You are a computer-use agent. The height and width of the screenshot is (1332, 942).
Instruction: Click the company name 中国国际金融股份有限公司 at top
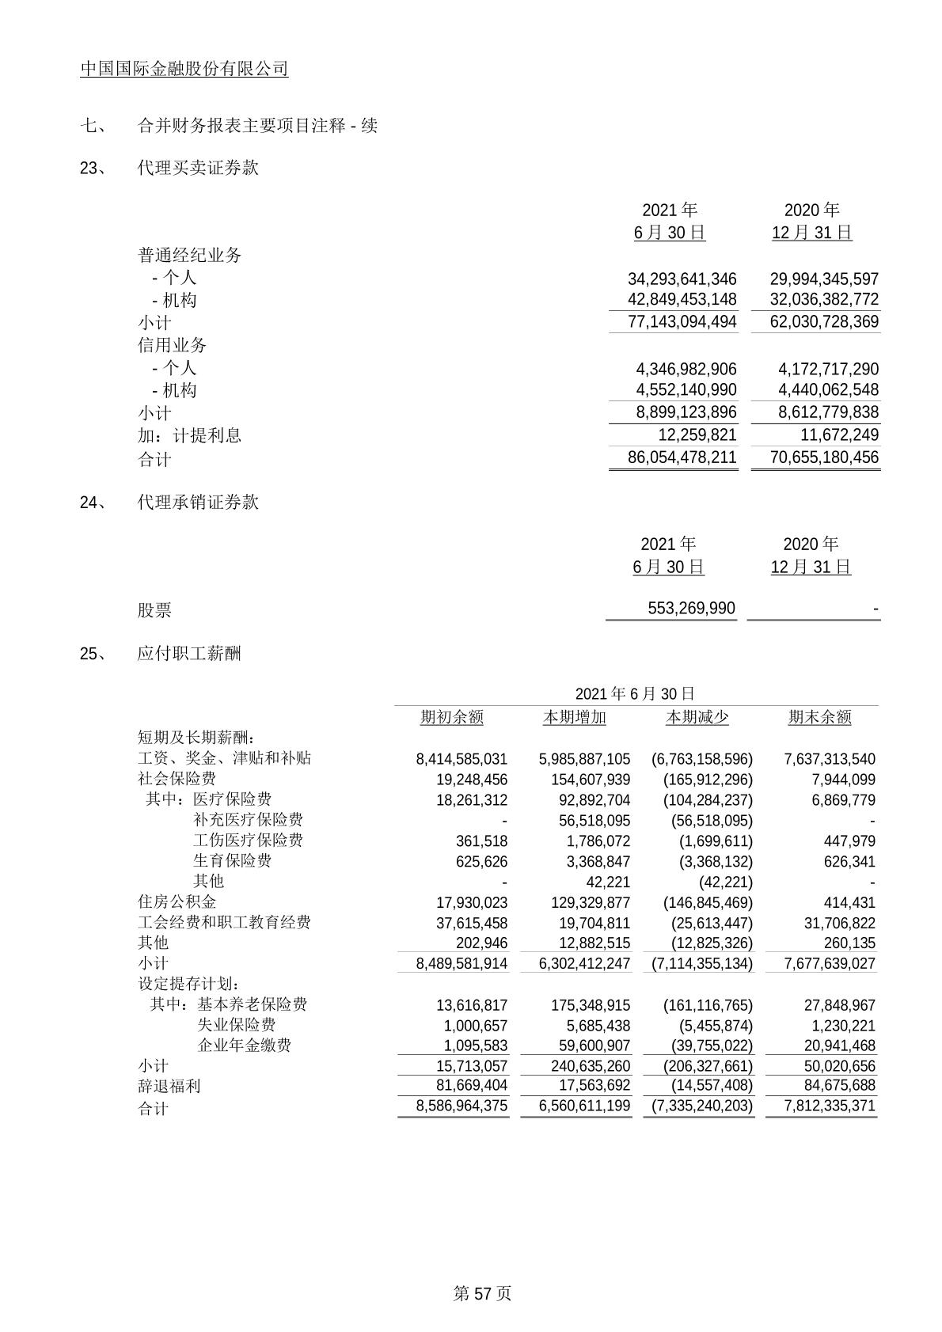(x=184, y=70)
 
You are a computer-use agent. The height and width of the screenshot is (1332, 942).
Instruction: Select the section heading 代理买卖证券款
(x=198, y=168)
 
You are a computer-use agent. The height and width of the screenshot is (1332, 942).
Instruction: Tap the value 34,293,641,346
(x=682, y=279)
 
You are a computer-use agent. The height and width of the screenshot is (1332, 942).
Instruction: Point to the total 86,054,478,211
(x=682, y=457)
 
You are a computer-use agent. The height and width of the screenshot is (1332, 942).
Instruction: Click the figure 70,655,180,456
(x=824, y=457)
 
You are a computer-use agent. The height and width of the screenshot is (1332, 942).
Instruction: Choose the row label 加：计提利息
(x=190, y=435)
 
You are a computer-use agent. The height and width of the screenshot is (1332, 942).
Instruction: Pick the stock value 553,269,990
(x=691, y=609)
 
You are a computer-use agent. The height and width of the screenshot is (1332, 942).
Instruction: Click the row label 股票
(x=154, y=610)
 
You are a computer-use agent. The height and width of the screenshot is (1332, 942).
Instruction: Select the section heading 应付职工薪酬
(x=189, y=653)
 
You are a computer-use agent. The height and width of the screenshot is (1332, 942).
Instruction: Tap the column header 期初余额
(x=451, y=717)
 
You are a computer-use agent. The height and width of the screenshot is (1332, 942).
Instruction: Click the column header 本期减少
(x=697, y=717)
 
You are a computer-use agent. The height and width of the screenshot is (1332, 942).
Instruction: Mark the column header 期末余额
(x=819, y=717)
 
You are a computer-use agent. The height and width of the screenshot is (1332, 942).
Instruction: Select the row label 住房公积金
(x=177, y=902)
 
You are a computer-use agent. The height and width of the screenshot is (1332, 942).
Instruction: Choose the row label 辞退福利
(x=169, y=1087)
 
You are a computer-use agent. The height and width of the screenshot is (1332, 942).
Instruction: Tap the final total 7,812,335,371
(x=830, y=1106)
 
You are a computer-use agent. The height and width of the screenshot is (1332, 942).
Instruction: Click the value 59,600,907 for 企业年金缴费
(x=594, y=1046)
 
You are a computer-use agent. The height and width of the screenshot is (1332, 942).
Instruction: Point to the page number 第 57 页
(x=482, y=1293)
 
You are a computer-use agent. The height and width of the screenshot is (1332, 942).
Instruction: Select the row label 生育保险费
(x=232, y=861)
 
